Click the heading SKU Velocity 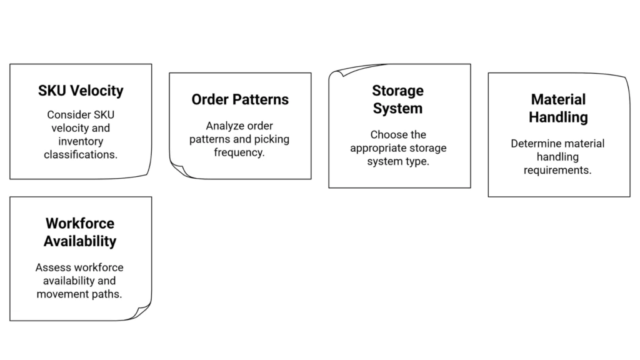tap(81, 91)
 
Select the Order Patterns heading tap(240, 99)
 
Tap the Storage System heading tap(397, 99)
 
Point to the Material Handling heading tap(558, 108)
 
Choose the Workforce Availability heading tap(79, 232)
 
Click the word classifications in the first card tap(81, 154)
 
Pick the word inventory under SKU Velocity tap(81, 141)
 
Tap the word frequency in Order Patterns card tap(239, 152)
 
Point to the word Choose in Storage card tap(389, 134)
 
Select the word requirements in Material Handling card tap(557, 170)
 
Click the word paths tap(107, 294)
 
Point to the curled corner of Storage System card tap(337, 71)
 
